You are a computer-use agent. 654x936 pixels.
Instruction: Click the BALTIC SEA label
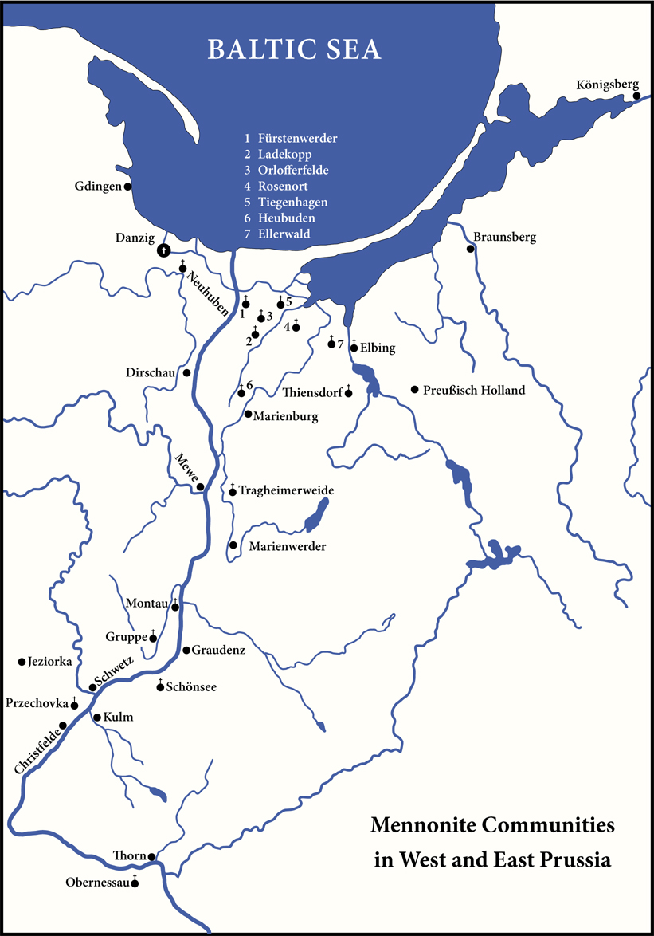pyautogui.click(x=295, y=49)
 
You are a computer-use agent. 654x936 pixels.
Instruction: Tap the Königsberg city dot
pyautogui.click(x=636, y=96)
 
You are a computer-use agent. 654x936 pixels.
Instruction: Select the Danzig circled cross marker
pyautogui.click(x=163, y=250)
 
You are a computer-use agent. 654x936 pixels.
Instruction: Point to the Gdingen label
pyautogui.click(x=99, y=187)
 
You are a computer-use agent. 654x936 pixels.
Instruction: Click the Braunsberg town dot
pyautogui.click(x=471, y=249)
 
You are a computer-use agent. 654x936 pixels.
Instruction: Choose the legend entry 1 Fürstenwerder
pyautogui.click(x=291, y=139)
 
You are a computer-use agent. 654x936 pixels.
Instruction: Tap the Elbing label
pyautogui.click(x=378, y=348)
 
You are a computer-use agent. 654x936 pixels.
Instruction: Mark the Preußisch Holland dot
pyautogui.click(x=414, y=389)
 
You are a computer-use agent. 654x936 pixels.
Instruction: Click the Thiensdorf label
pyautogui.click(x=312, y=392)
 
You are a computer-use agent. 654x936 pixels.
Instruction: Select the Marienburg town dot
pyautogui.click(x=249, y=415)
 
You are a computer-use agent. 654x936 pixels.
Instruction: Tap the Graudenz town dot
pyautogui.click(x=186, y=651)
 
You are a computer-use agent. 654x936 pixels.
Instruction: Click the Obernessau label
pyautogui.click(x=98, y=883)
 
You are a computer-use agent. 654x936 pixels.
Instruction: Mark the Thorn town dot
pyautogui.click(x=151, y=857)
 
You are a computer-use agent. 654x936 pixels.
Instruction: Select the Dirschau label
pyautogui.click(x=152, y=373)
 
